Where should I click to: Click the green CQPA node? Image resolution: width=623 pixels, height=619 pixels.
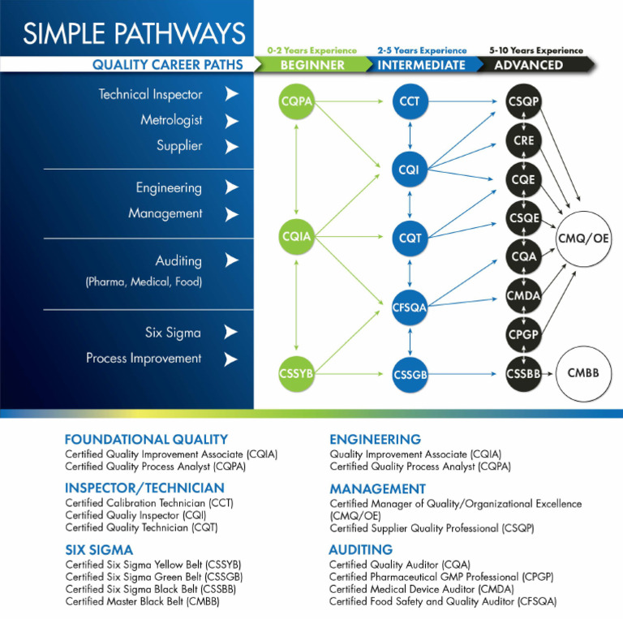click(x=296, y=101)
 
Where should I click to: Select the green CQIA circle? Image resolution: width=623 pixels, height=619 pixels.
click(x=296, y=237)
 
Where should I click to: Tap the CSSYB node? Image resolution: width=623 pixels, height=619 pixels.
click(x=296, y=373)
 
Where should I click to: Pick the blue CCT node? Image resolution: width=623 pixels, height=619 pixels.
click(x=410, y=101)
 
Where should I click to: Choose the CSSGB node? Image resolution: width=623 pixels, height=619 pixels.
click(x=410, y=374)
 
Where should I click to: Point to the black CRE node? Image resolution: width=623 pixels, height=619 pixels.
click(x=523, y=140)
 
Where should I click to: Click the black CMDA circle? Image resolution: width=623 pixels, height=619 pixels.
click(x=523, y=295)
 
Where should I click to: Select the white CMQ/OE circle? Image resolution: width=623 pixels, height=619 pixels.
click(x=584, y=239)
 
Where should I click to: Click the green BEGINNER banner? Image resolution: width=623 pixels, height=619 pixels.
click(x=312, y=65)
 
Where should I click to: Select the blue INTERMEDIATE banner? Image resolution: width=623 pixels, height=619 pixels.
click(x=421, y=65)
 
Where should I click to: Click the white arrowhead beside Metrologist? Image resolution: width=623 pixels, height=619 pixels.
click(x=232, y=121)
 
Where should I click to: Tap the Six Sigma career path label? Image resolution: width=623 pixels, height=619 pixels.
click(x=173, y=333)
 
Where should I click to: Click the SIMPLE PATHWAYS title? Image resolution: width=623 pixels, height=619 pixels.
click(x=134, y=33)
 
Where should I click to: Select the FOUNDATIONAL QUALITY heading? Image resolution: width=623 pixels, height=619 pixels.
click(x=146, y=440)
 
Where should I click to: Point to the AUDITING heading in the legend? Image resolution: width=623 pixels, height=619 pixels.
click(x=361, y=549)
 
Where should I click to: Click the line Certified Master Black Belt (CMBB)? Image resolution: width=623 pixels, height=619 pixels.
click(x=142, y=602)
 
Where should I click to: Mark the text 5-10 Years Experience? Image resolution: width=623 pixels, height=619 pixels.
click(x=535, y=50)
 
